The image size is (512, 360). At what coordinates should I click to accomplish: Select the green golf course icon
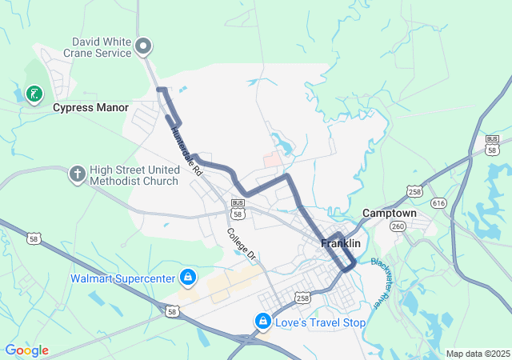click(x=34, y=95)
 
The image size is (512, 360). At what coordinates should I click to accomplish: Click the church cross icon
click(x=77, y=175)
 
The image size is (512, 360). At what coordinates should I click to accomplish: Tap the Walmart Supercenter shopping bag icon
click(x=187, y=278)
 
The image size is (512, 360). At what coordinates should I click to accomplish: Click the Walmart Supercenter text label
click(x=123, y=279)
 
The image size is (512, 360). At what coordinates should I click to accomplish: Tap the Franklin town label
click(x=341, y=243)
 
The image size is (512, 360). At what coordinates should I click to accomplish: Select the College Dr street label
click(x=240, y=246)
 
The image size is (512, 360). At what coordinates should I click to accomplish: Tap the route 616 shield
click(x=439, y=205)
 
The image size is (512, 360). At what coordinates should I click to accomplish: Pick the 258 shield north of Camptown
click(x=414, y=192)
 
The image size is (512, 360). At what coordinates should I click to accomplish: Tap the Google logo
click(x=26, y=350)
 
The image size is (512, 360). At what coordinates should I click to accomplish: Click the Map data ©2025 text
click(x=477, y=354)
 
